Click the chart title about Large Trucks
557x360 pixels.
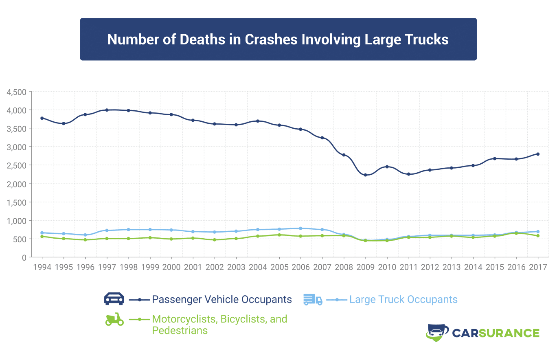(278, 40)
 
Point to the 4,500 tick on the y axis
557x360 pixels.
(16, 92)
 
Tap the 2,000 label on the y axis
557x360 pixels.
(16, 184)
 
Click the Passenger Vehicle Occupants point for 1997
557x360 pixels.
(107, 110)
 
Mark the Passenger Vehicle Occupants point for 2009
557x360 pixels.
(365, 175)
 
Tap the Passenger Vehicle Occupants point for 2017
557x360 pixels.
(538, 154)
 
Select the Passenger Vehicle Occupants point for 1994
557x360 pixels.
(42, 118)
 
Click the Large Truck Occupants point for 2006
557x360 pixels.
(300, 228)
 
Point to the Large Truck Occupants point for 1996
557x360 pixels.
(85, 235)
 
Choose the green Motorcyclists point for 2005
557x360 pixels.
(279, 235)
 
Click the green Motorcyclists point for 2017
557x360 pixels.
(538, 236)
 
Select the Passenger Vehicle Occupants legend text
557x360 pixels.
(222, 300)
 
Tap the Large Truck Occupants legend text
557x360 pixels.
(403, 300)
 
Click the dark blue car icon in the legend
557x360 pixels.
(114, 299)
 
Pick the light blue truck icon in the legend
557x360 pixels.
(313, 300)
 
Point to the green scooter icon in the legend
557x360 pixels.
(114, 319)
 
